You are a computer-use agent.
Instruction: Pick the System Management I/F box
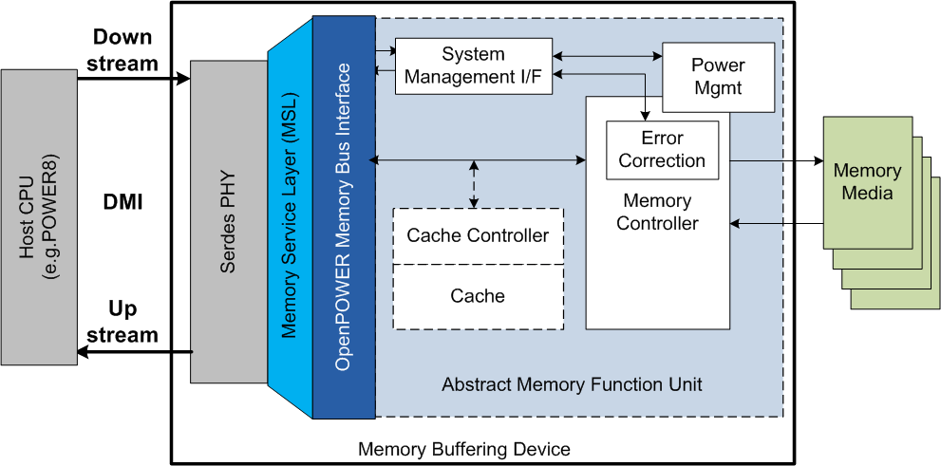(473, 65)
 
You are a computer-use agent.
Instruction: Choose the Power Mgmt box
(717, 76)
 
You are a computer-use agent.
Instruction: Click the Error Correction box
(662, 149)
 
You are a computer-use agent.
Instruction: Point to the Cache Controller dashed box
(478, 235)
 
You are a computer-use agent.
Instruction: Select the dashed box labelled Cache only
(478, 297)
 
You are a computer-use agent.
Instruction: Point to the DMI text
(122, 201)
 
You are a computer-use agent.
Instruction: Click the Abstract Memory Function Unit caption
(572, 384)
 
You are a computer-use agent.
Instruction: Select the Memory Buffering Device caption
(463, 449)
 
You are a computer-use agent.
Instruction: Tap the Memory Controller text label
(657, 213)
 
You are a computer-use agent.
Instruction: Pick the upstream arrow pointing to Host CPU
(133, 352)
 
